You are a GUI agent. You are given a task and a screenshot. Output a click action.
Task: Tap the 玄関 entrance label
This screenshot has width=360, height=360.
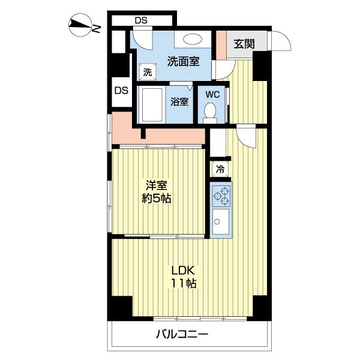point(244,44)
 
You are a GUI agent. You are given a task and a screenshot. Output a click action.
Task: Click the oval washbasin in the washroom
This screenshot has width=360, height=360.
point(193,40)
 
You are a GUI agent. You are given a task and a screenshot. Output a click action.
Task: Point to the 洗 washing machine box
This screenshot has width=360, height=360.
point(146,72)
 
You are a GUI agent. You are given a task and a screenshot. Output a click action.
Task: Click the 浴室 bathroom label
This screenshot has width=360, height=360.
point(179,102)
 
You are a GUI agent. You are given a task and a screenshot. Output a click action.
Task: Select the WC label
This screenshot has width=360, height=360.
point(212,94)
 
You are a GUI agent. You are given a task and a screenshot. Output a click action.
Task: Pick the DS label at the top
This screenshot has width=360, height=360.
point(140,20)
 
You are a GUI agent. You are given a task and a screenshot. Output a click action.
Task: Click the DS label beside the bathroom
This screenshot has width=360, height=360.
point(121,91)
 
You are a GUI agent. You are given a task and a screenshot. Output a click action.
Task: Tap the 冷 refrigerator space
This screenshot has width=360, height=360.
point(220,169)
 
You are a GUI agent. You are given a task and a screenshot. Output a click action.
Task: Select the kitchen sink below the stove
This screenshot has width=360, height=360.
point(220,223)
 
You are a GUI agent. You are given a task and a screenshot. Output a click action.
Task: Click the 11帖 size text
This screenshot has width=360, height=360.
point(184,283)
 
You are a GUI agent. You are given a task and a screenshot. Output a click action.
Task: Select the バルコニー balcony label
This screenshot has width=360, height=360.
point(182,334)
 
